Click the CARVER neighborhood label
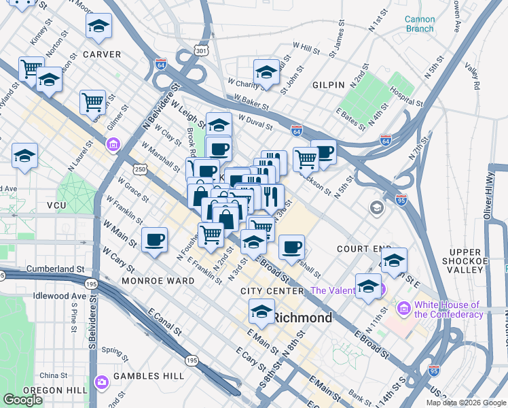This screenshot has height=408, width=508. click(x=102, y=54)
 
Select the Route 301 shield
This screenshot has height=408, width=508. click(x=200, y=50)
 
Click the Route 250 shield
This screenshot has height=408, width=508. click(x=139, y=169)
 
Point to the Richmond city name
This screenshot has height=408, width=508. click(x=303, y=318)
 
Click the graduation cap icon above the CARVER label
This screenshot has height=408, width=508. click(x=98, y=27)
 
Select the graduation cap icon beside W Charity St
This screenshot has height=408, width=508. click(x=266, y=72)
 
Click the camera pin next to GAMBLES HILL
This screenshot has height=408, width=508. click(x=103, y=382)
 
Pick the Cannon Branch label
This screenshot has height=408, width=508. click(x=419, y=24)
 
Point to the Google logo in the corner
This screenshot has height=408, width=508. click(x=23, y=400)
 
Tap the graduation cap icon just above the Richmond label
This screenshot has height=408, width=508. click(x=260, y=312)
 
